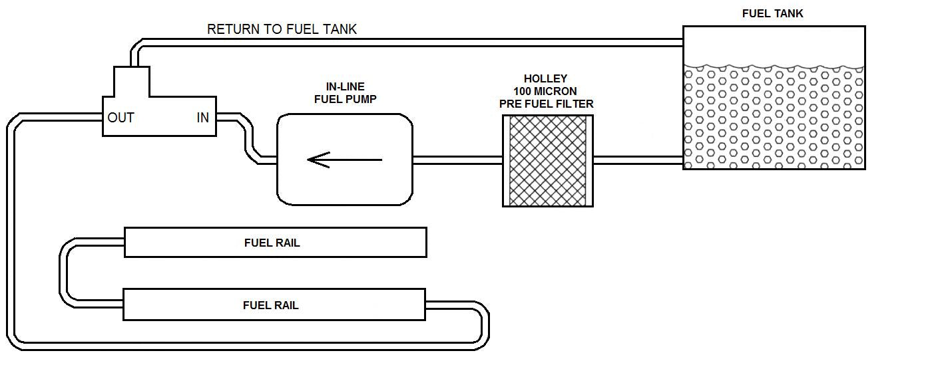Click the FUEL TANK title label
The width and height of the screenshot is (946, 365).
point(772,13)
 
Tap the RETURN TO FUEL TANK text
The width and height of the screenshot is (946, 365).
point(282,29)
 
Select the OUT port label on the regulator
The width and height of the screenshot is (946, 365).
point(120,118)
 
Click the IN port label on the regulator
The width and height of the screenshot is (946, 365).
point(202,118)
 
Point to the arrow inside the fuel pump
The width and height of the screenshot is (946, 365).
point(344,160)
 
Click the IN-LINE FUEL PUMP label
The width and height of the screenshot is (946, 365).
point(345,93)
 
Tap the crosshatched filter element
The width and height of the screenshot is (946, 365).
point(548,160)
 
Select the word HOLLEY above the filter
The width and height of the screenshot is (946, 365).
point(545,78)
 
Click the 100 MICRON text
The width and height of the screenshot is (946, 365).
point(545,91)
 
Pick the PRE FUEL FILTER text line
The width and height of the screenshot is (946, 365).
point(546,104)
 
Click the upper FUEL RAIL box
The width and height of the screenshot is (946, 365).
point(275,243)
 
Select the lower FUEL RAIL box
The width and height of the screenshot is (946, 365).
point(274,305)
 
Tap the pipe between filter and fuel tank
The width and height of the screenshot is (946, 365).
point(637,160)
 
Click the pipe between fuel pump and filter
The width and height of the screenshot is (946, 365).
point(457,160)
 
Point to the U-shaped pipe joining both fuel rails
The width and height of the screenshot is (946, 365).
point(64,273)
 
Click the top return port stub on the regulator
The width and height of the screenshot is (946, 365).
point(131,78)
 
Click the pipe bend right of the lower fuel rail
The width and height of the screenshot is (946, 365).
point(484,326)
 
